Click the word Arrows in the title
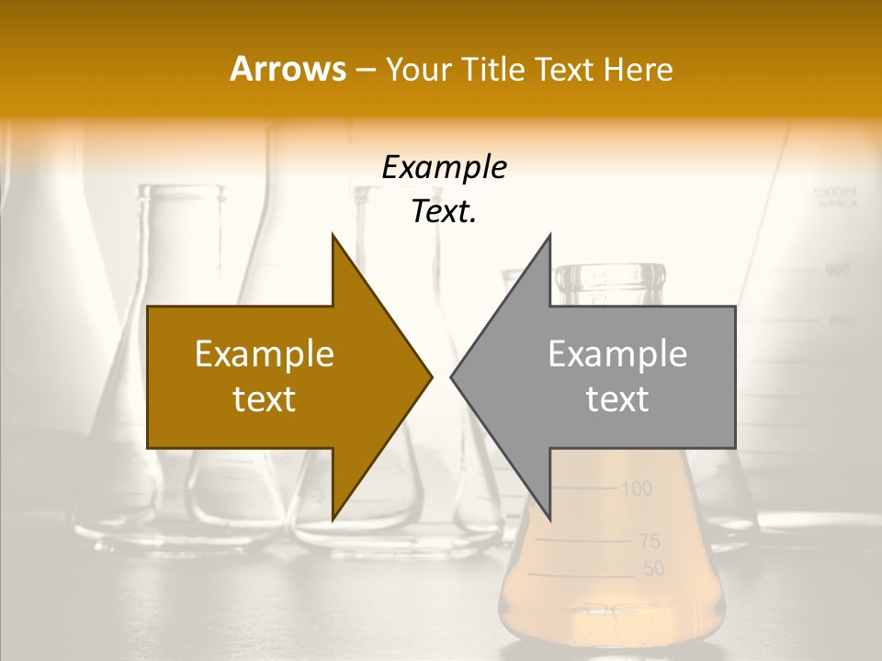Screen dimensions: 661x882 [288, 69]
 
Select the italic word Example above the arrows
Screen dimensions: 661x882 [444, 168]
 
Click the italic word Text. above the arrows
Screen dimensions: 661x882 [444, 212]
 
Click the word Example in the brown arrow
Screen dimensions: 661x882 [265, 354]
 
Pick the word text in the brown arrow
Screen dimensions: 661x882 [265, 398]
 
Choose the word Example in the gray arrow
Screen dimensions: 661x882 [617, 354]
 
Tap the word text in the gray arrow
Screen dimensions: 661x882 [617, 398]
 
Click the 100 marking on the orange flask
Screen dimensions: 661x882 [636, 488]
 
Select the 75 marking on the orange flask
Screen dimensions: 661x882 [650, 541]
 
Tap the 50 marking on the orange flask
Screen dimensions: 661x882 [652, 569]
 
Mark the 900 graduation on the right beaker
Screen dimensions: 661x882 [837, 271]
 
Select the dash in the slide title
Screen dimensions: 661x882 [365, 70]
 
